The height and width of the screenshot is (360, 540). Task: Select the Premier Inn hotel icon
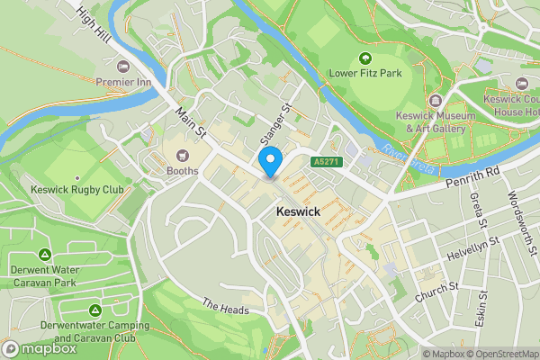(124, 67)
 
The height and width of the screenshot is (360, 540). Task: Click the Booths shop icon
(183, 155)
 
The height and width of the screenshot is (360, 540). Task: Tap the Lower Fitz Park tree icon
(365, 59)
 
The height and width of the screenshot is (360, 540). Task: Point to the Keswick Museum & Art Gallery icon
(436, 101)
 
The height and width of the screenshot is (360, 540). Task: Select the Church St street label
(436, 292)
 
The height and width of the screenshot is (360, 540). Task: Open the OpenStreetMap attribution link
(501, 354)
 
